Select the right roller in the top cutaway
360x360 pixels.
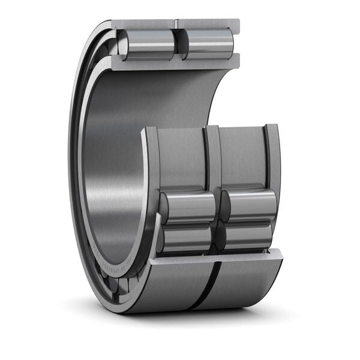click(x=208, y=44)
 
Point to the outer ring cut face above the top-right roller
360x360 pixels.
click(x=208, y=23)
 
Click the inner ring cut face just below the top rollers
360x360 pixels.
click(x=174, y=61)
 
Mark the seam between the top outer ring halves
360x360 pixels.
click(x=175, y=24)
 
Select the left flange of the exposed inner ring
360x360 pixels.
click(x=149, y=162)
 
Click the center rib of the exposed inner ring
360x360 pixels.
click(x=212, y=159)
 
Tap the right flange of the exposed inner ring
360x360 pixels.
click(x=272, y=156)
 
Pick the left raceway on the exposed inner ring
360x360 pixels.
click(x=180, y=159)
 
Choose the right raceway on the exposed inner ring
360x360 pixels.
click(x=242, y=157)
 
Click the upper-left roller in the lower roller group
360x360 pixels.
click(x=188, y=208)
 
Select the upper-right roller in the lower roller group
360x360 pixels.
click(x=251, y=204)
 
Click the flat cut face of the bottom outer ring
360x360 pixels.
click(x=216, y=255)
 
